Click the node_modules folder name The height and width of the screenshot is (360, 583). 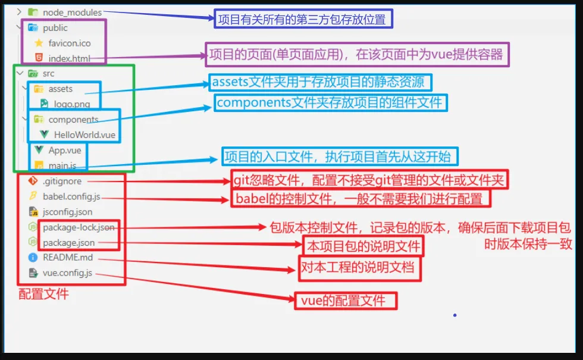tap(72, 12)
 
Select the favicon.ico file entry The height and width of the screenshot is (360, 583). tap(70, 43)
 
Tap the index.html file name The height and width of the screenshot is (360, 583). tap(69, 58)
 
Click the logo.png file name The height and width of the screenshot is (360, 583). tap(72, 104)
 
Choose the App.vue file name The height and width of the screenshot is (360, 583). tap(65, 150)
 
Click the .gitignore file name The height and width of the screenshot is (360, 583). tap(62, 181)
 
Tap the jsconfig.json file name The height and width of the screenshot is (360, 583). tap(67, 212)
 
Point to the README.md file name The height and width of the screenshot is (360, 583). tap(68, 258)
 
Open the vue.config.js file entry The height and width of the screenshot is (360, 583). tap(67, 273)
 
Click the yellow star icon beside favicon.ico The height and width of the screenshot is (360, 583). tap(39, 43)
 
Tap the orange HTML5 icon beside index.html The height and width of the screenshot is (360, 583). tap(39, 58)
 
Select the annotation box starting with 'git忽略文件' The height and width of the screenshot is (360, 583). tap(371, 180)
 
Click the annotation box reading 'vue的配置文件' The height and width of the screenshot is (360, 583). tap(346, 300)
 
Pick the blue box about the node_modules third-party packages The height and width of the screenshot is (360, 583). tap(303, 20)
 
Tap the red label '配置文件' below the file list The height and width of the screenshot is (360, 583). tap(43, 294)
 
